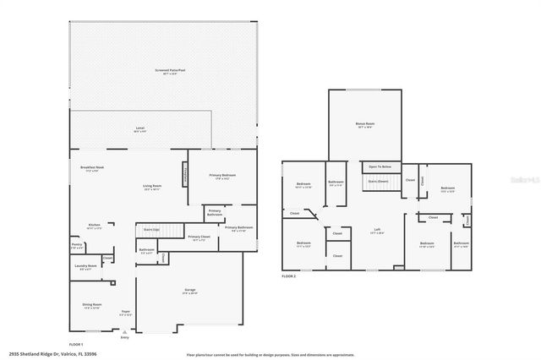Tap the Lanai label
click(x=139, y=128)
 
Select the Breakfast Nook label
click(x=82, y=168)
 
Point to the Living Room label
click(x=151, y=186)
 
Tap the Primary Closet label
click(x=199, y=237)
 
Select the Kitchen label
click(x=95, y=226)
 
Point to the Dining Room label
click(x=91, y=305)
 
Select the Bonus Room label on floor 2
click(x=365, y=124)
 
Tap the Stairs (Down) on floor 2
click(x=377, y=181)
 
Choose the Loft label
click(x=379, y=230)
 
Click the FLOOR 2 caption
click(x=290, y=276)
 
